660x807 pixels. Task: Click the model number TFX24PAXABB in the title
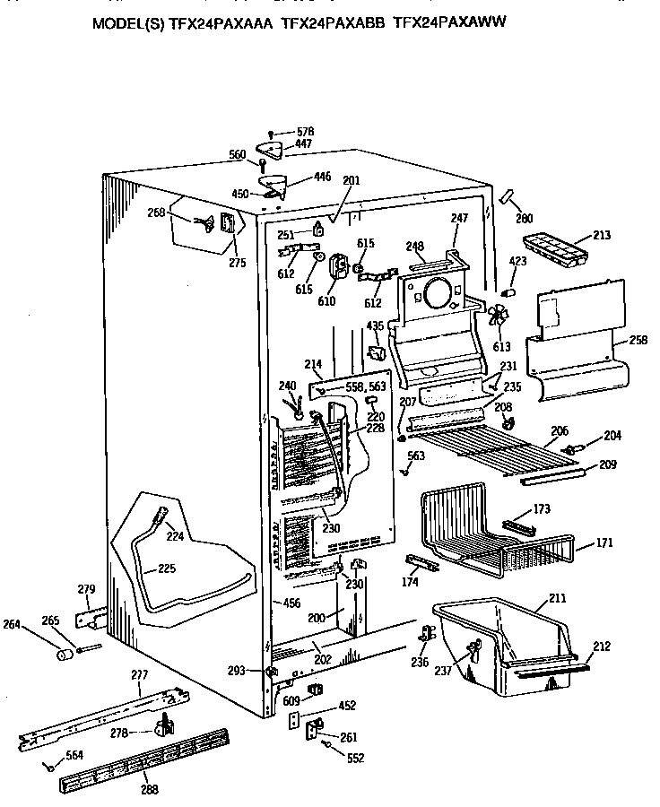334,25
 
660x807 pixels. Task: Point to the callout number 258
638,342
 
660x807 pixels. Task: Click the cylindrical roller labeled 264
65,656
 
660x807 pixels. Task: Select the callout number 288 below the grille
148,791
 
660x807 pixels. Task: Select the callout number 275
237,263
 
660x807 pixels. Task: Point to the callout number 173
542,508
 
